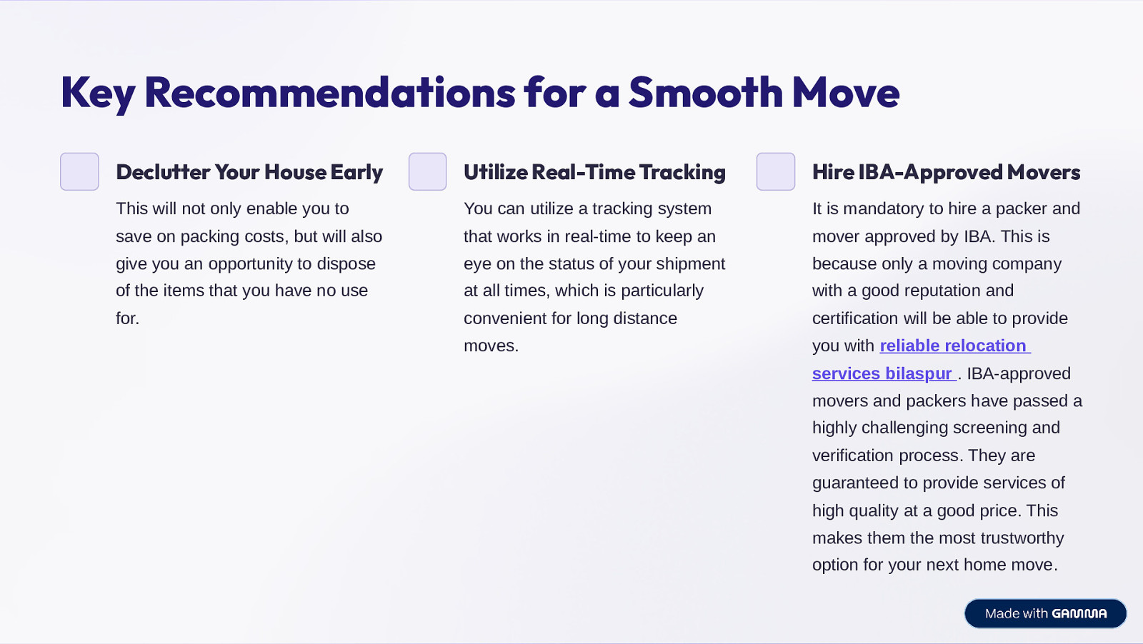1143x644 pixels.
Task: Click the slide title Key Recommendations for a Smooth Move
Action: coord(479,93)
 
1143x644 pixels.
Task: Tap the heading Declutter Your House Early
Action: coord(249,172)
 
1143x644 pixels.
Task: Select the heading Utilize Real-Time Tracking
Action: coord(594,172)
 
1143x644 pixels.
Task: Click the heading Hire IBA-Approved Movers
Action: coord(946,172)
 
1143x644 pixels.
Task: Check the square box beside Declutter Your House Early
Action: coord(79,171)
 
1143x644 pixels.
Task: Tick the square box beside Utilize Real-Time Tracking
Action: coord(428,171)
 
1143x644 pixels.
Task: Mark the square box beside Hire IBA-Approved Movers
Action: coord(776,171)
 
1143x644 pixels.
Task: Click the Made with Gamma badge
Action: coord(1046,613)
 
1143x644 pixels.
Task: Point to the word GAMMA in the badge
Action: coord(1079,613)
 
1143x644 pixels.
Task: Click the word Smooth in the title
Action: coord(705,93)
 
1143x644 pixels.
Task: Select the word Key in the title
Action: coord(98,94)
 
